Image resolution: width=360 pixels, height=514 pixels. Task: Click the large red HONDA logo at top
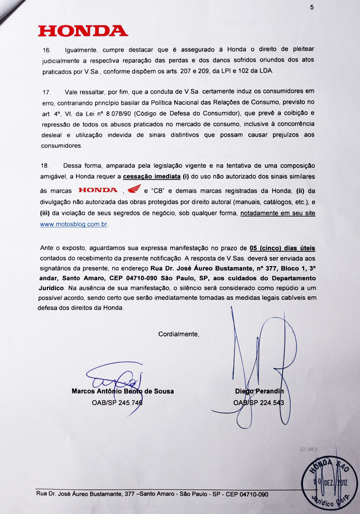pos(83,31)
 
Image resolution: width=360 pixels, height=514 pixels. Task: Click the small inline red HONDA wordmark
pos(98,190)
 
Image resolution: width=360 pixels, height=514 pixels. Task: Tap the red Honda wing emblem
pos(133,190)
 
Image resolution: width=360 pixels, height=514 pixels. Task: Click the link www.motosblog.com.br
pos(74,224)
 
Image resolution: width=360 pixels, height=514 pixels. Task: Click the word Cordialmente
pos(179,334)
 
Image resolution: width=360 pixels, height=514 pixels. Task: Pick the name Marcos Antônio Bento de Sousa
pos(123,391)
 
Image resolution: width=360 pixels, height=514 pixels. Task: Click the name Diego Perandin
pos(259,391)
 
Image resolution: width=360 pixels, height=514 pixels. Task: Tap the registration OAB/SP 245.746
pos(117,403)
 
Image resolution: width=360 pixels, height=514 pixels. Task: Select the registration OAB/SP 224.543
pos(259,403)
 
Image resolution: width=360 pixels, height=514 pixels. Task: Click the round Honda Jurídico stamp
pos(324,482)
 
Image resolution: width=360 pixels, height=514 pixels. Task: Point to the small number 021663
pos(309,448)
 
